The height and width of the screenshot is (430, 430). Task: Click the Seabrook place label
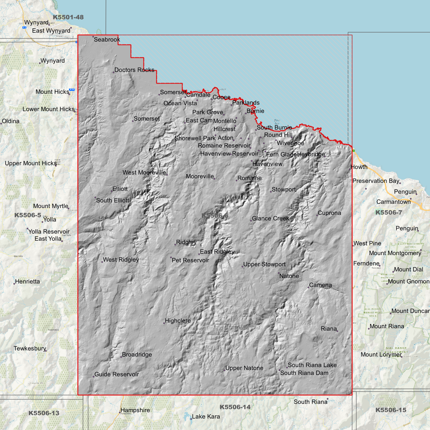107,40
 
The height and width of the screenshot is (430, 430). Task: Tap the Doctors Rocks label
134,70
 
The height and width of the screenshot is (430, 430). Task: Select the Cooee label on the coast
221,97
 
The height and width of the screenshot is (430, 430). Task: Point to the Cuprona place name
329,213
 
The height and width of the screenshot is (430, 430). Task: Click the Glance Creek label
270,218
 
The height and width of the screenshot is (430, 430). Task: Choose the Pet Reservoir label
190,260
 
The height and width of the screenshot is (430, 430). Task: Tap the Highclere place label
178,321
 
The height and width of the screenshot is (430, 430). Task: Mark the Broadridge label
137,355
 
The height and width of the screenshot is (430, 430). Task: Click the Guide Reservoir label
117,374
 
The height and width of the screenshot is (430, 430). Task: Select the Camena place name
320,285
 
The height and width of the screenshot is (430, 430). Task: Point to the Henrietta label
27,282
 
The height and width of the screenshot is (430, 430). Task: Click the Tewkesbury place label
30,348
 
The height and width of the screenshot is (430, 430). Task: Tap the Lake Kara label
206,417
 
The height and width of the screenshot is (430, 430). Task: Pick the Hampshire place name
135,410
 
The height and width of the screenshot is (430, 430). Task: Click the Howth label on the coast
359,167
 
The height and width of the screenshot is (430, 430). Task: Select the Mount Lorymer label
381,355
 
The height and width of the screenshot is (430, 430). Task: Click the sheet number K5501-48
68,17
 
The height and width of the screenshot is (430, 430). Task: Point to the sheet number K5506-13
44,413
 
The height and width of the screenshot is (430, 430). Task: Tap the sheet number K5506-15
391,410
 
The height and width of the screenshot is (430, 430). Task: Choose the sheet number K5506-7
389,212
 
